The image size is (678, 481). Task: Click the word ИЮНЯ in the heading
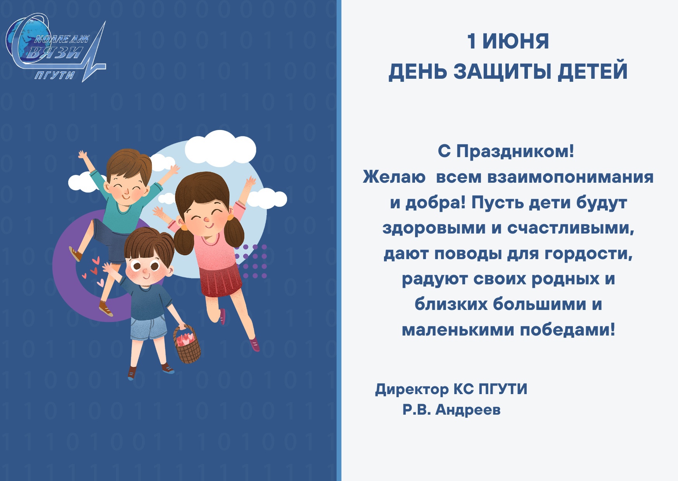point(515,42)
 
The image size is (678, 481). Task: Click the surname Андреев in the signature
point(468,410)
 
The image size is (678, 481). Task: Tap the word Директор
point(412,389)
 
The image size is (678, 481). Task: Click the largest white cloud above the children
point(220,149)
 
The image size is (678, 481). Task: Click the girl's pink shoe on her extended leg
point(254,344)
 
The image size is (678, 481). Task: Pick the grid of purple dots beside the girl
point(250,261)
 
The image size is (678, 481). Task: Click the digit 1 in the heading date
point(471,42)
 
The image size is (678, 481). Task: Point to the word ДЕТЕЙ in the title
point(593,72)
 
